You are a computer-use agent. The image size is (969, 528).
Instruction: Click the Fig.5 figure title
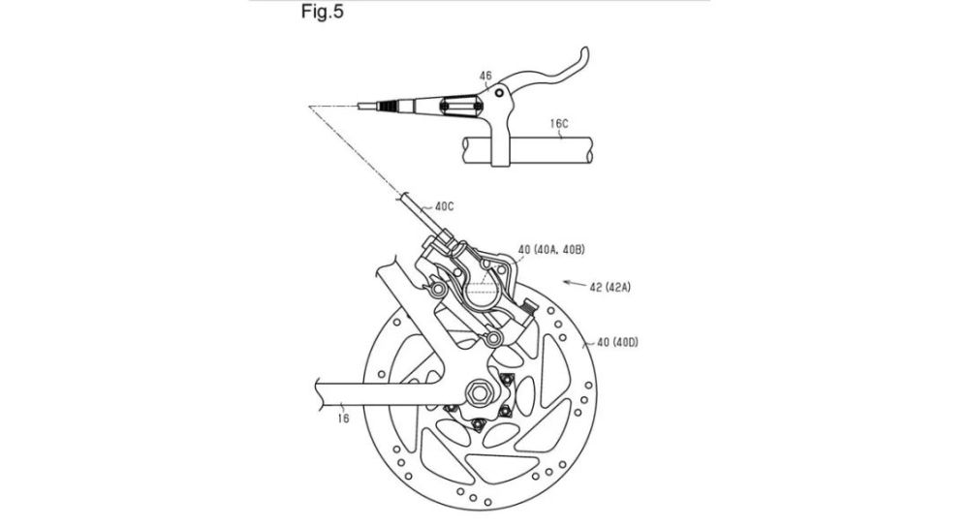click(322, 11)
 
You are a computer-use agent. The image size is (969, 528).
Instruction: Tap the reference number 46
click(485, 76)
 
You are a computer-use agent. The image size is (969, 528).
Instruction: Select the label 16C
click(559, 123)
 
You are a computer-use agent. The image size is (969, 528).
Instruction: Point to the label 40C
click(445, 206)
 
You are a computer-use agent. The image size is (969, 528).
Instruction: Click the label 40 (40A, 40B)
click(551, 250)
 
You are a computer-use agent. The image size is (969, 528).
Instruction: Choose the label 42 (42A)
click(610, 287)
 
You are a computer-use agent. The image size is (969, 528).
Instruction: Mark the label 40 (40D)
click(616, 341)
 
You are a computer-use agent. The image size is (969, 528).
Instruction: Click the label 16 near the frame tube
click(343, 419)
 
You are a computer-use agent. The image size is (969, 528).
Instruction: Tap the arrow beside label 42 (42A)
click(574, 284)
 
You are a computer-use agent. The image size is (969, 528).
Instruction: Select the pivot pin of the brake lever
click(498, 93)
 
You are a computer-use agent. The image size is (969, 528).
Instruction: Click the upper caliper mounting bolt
click(438, 289)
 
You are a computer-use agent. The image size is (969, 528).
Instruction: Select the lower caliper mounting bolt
click(493, 338)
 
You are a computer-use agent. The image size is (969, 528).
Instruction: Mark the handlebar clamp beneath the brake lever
click(501, 142)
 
